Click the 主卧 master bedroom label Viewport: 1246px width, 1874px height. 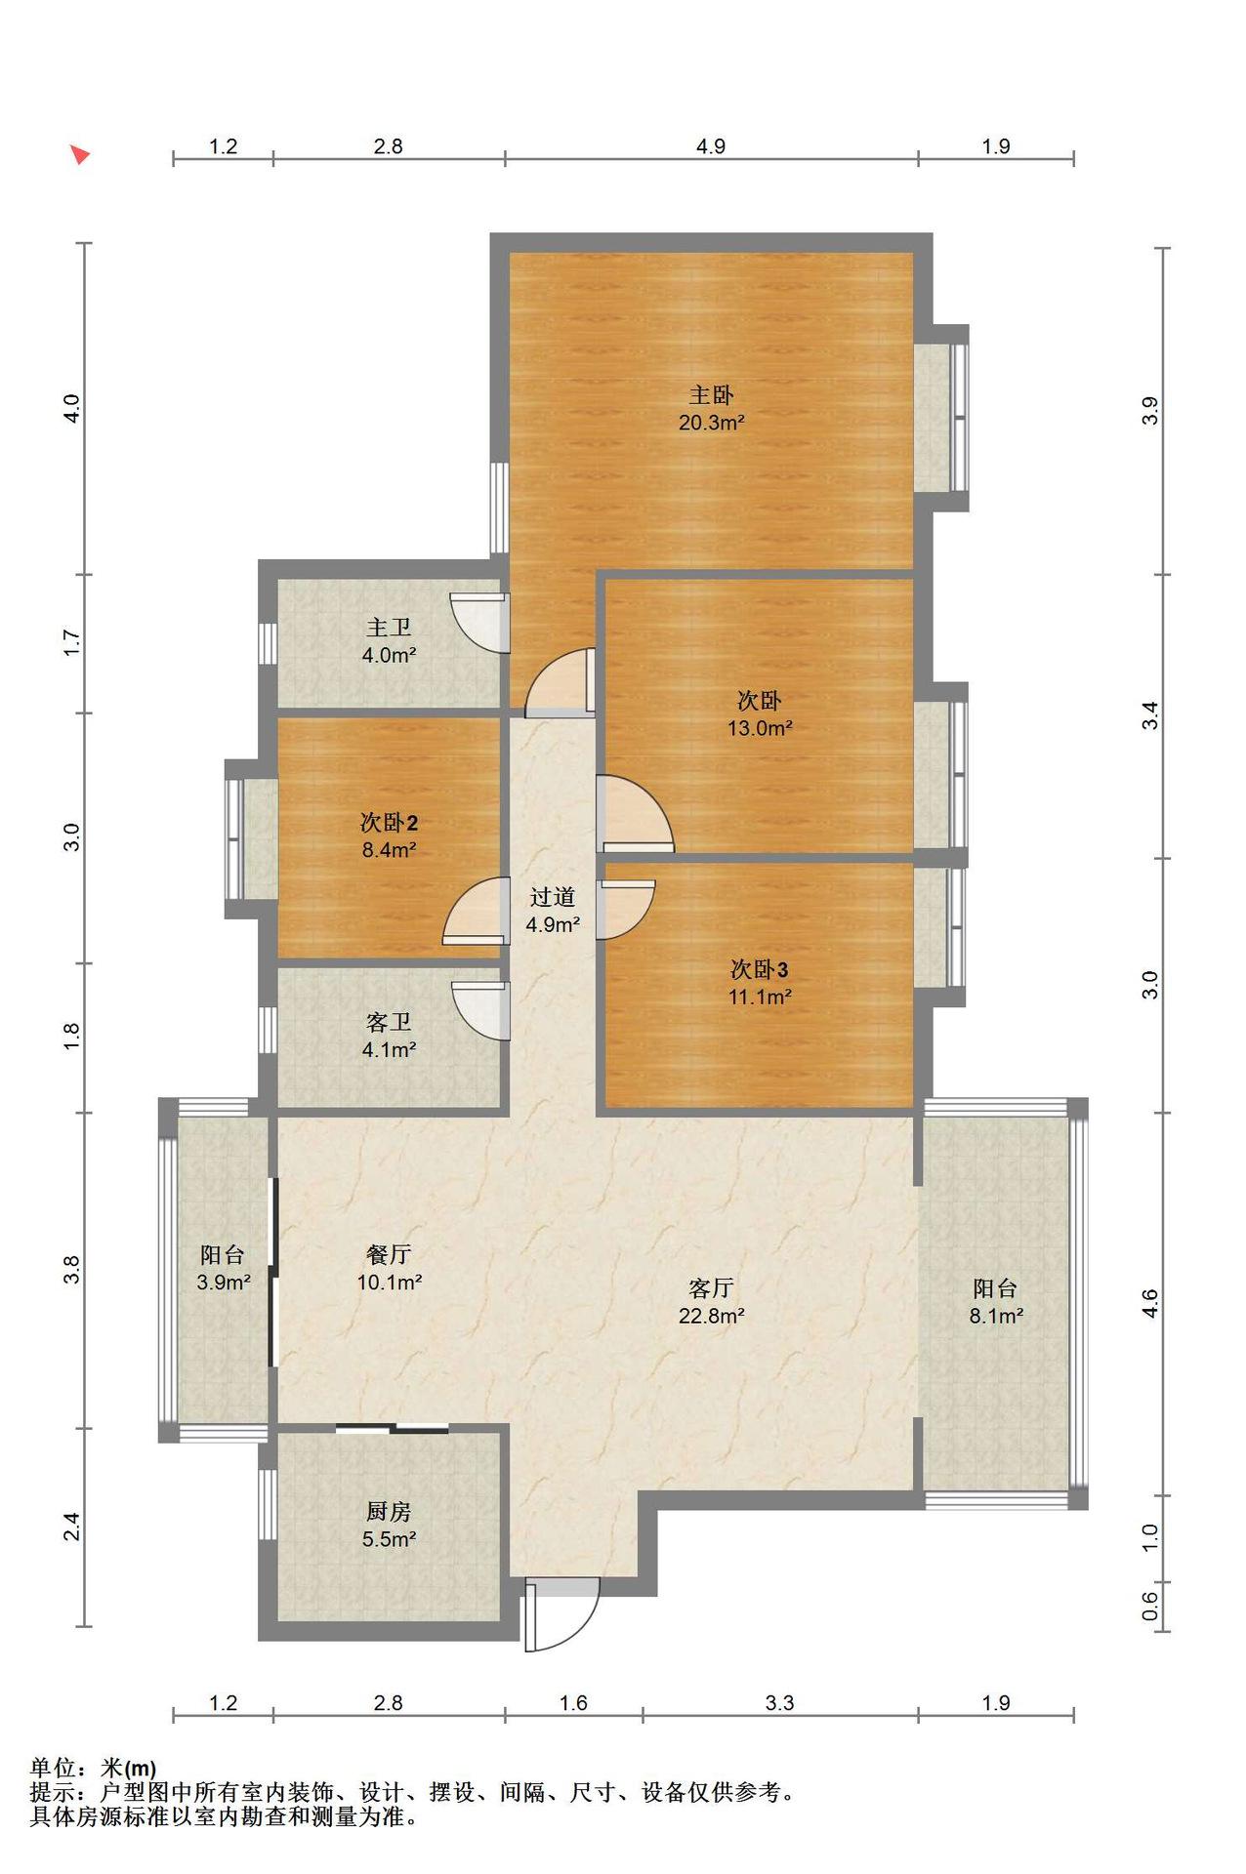pyautogui.click(x=711, y=394)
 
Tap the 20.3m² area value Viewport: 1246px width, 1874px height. pyautogui.click(x=712, y=423)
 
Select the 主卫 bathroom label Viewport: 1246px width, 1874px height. pyautogui.click(x=389, y=628)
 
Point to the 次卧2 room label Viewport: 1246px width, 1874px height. pyautogui.click(x=389, y=823)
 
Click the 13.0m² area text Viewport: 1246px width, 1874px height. pyautogui.click(x=760, y=728)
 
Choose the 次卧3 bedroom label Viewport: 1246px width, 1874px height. pyautogui.click(x=760, y=969)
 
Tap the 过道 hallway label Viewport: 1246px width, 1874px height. pyautogui.click(x=553, y=897)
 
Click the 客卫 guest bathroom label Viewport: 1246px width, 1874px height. pyautogui.click(x=389, y=1022)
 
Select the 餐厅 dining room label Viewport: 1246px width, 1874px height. pyautogui.click(x=389, y=1254)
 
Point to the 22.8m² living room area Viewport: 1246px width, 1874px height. pyautogui.click(x=712, y=1316)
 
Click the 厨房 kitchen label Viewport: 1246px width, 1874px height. pyautogui.click(x=389, y=1512)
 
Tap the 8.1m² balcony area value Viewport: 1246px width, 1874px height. pyautogui.click(x=996, y=1316)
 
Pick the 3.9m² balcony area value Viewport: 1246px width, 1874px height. pyautogui.click(x=224, y=1283)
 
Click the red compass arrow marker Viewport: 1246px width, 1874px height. pyautogui.click(x=79, y=154)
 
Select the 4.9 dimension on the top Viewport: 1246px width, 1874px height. pyautogui.click(x=711, y=146)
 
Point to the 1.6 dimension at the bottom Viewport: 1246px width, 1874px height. pyautogui.click(x=573, y=1703)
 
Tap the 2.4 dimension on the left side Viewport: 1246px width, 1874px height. pyautogui.click(x=71, y=1527)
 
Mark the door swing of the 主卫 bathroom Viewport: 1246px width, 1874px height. pyautogui.click(x=480, y=622)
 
